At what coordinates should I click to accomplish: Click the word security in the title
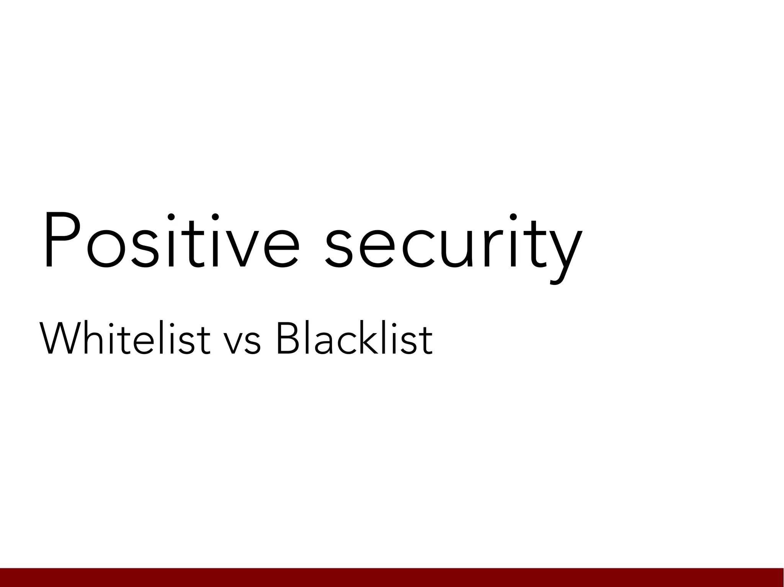[454, 245]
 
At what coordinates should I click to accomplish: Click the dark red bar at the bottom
[392, 577]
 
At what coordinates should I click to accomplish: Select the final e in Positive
[281, 249]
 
